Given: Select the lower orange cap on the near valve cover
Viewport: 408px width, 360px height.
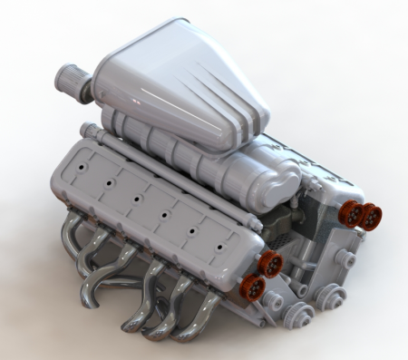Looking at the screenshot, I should click(256, 287).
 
